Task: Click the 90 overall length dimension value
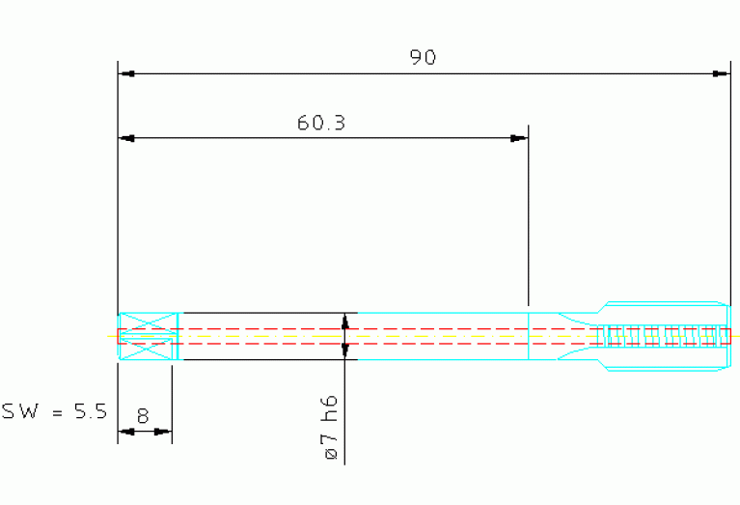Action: pos(423,57)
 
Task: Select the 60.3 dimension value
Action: pos(321,123)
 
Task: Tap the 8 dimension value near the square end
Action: pos(143,416)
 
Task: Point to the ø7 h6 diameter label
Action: pos(331,427)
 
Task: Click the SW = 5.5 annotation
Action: pos(55,411)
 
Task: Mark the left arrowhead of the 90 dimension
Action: pos(126,73)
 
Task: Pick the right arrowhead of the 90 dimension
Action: pos(721,73)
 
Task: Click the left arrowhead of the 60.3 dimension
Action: pos(126,138)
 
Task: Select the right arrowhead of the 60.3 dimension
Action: pos(519,138)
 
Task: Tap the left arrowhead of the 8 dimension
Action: pos(126,432)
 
